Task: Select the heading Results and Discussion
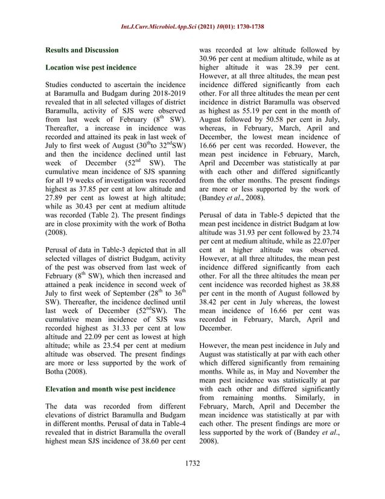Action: pos(84,51)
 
